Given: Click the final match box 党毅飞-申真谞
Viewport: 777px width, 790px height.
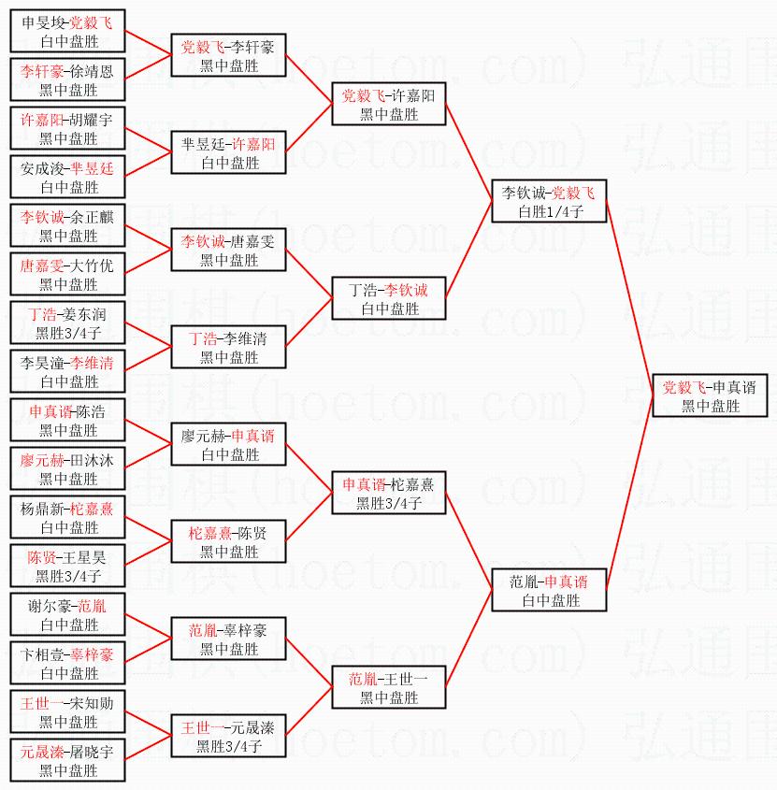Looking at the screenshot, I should click(710, 395).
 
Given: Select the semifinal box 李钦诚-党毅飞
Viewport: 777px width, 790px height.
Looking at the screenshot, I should click(549, 201).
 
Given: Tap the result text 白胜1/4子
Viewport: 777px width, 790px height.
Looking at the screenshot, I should click(549, 211).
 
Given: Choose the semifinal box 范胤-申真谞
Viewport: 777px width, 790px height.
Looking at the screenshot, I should click(549, 590).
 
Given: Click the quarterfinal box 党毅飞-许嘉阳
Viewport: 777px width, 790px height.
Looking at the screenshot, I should click(388, 104).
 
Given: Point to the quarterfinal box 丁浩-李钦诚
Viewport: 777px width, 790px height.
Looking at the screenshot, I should click(388, 298).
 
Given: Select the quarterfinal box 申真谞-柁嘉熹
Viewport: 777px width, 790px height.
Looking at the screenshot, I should click(388, 493).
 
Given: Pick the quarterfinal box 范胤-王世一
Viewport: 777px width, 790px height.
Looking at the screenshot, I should click(388, 687).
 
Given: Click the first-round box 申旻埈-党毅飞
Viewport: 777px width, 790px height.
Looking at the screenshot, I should click(68, 31).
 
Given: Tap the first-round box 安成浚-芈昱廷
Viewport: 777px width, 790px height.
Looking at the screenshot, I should click(68, 177).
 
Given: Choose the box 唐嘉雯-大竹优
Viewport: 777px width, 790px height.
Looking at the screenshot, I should click(68, 274).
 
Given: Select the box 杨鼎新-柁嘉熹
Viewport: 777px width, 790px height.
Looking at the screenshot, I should click(68, 517).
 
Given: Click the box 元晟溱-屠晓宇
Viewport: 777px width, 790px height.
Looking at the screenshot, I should click(68, 760).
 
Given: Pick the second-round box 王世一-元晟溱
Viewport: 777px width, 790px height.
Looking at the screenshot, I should click(228, 736).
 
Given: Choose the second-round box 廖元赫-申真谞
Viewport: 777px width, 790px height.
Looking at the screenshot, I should click(228, 444).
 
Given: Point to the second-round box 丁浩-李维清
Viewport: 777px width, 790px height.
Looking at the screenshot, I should click(228, 347).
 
